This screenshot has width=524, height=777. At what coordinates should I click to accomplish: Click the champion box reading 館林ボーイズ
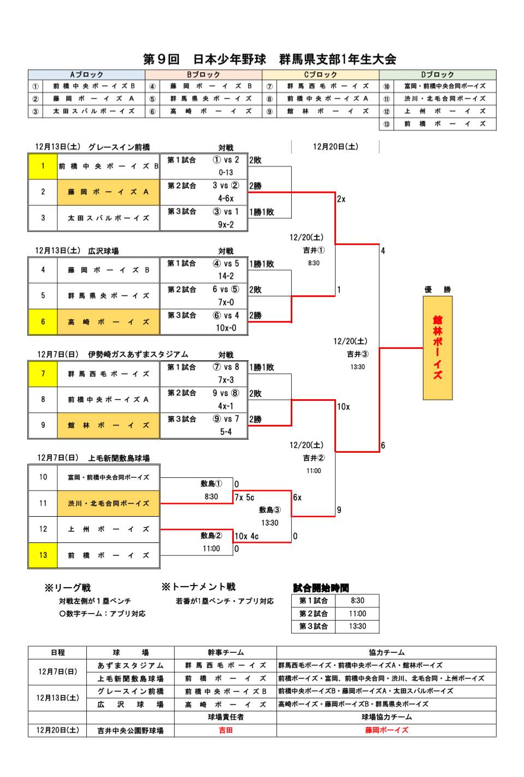pyautogui.click(x=437, y=348)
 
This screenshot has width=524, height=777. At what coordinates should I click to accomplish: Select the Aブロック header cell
pyautogui.click(x=86, y=75)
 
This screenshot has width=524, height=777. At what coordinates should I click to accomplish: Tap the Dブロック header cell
pyautogui.click(x=437, y=75)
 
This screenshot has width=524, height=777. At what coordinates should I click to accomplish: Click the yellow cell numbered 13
pyautogui.click(x=43, y=555)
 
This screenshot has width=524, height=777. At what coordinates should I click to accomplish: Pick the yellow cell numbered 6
pyautogui.click(x=43, y=322)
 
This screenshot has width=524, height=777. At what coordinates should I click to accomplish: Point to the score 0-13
pyautogui.click(x=226, y=172)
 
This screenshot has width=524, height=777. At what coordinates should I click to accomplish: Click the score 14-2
pyautogui.click(x=226, y=276)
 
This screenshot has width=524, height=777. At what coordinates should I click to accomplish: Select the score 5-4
pyautogui.click(x=226, y=432)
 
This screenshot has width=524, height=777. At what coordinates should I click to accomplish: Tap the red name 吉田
pyautogui.click(x=226, y=730)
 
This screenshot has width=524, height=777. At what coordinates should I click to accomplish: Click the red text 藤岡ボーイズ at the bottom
pyautogui.click(x=386, y=730)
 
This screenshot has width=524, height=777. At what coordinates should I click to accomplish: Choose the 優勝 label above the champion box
pyautogui.click(x=437, y=289)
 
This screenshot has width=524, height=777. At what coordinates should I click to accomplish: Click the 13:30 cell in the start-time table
pyautogui.click(x=357, y=626)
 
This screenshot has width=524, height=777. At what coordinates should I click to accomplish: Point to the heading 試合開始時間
pyautogui.click(x=321, y=588)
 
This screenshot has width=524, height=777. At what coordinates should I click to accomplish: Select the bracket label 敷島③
pyautogui.click(x=269, y=510)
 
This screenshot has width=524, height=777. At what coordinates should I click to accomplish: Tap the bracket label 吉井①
pyautogui.click(x=314, y=250)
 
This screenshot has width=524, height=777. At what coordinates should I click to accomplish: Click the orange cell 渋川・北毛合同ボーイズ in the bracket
pyautogui.click(x=108, y=503)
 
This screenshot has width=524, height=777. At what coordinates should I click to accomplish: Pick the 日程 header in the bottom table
pyautogui.click(x=57, y=652)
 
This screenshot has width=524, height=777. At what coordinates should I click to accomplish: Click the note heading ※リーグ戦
pyautogui.click(x=68, y=588)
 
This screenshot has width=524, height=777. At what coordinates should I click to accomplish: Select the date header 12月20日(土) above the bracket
pyautogui.click(x=335, y=147)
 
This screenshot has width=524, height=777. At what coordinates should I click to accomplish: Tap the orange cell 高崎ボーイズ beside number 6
pyautogui.click(x=108, y=322)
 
